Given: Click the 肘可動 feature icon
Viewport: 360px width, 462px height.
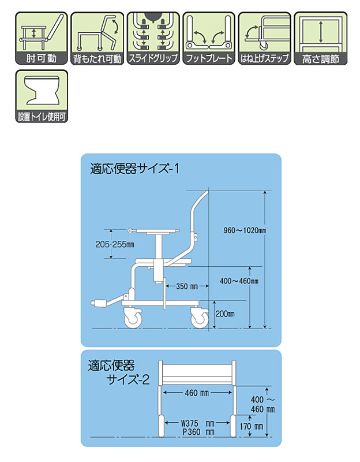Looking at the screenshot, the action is tap(41, 38).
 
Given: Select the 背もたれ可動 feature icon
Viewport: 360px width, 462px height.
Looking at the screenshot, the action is tap(97, 38).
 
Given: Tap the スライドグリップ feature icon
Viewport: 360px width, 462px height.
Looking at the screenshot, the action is tap(153, 38).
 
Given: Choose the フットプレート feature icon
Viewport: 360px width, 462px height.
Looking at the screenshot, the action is tap(209, 38).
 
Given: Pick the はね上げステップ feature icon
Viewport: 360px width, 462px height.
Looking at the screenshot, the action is tap(265, 38).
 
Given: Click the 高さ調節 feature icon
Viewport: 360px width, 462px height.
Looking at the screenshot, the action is tap(321, 38).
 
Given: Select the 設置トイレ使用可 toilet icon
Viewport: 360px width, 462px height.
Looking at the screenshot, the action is tap(41, 96).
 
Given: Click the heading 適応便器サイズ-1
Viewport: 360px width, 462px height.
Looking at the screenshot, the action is tap(134, 169).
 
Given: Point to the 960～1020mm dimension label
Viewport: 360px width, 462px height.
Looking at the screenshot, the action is tap(245, 230).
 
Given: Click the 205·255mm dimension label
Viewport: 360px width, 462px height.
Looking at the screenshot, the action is tap(114, 244).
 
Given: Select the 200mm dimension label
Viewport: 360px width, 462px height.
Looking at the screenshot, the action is tap(225, 314).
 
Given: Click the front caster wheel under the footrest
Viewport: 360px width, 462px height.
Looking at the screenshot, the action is tap(133, 318).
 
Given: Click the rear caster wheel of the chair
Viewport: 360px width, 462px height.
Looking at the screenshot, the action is tap(200, 318).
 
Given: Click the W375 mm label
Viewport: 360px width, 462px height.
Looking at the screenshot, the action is tap(197, 423).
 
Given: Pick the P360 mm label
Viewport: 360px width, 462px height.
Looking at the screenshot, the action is tap(198, 432).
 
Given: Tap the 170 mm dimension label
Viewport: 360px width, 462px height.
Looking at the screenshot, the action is tap(251, 426).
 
